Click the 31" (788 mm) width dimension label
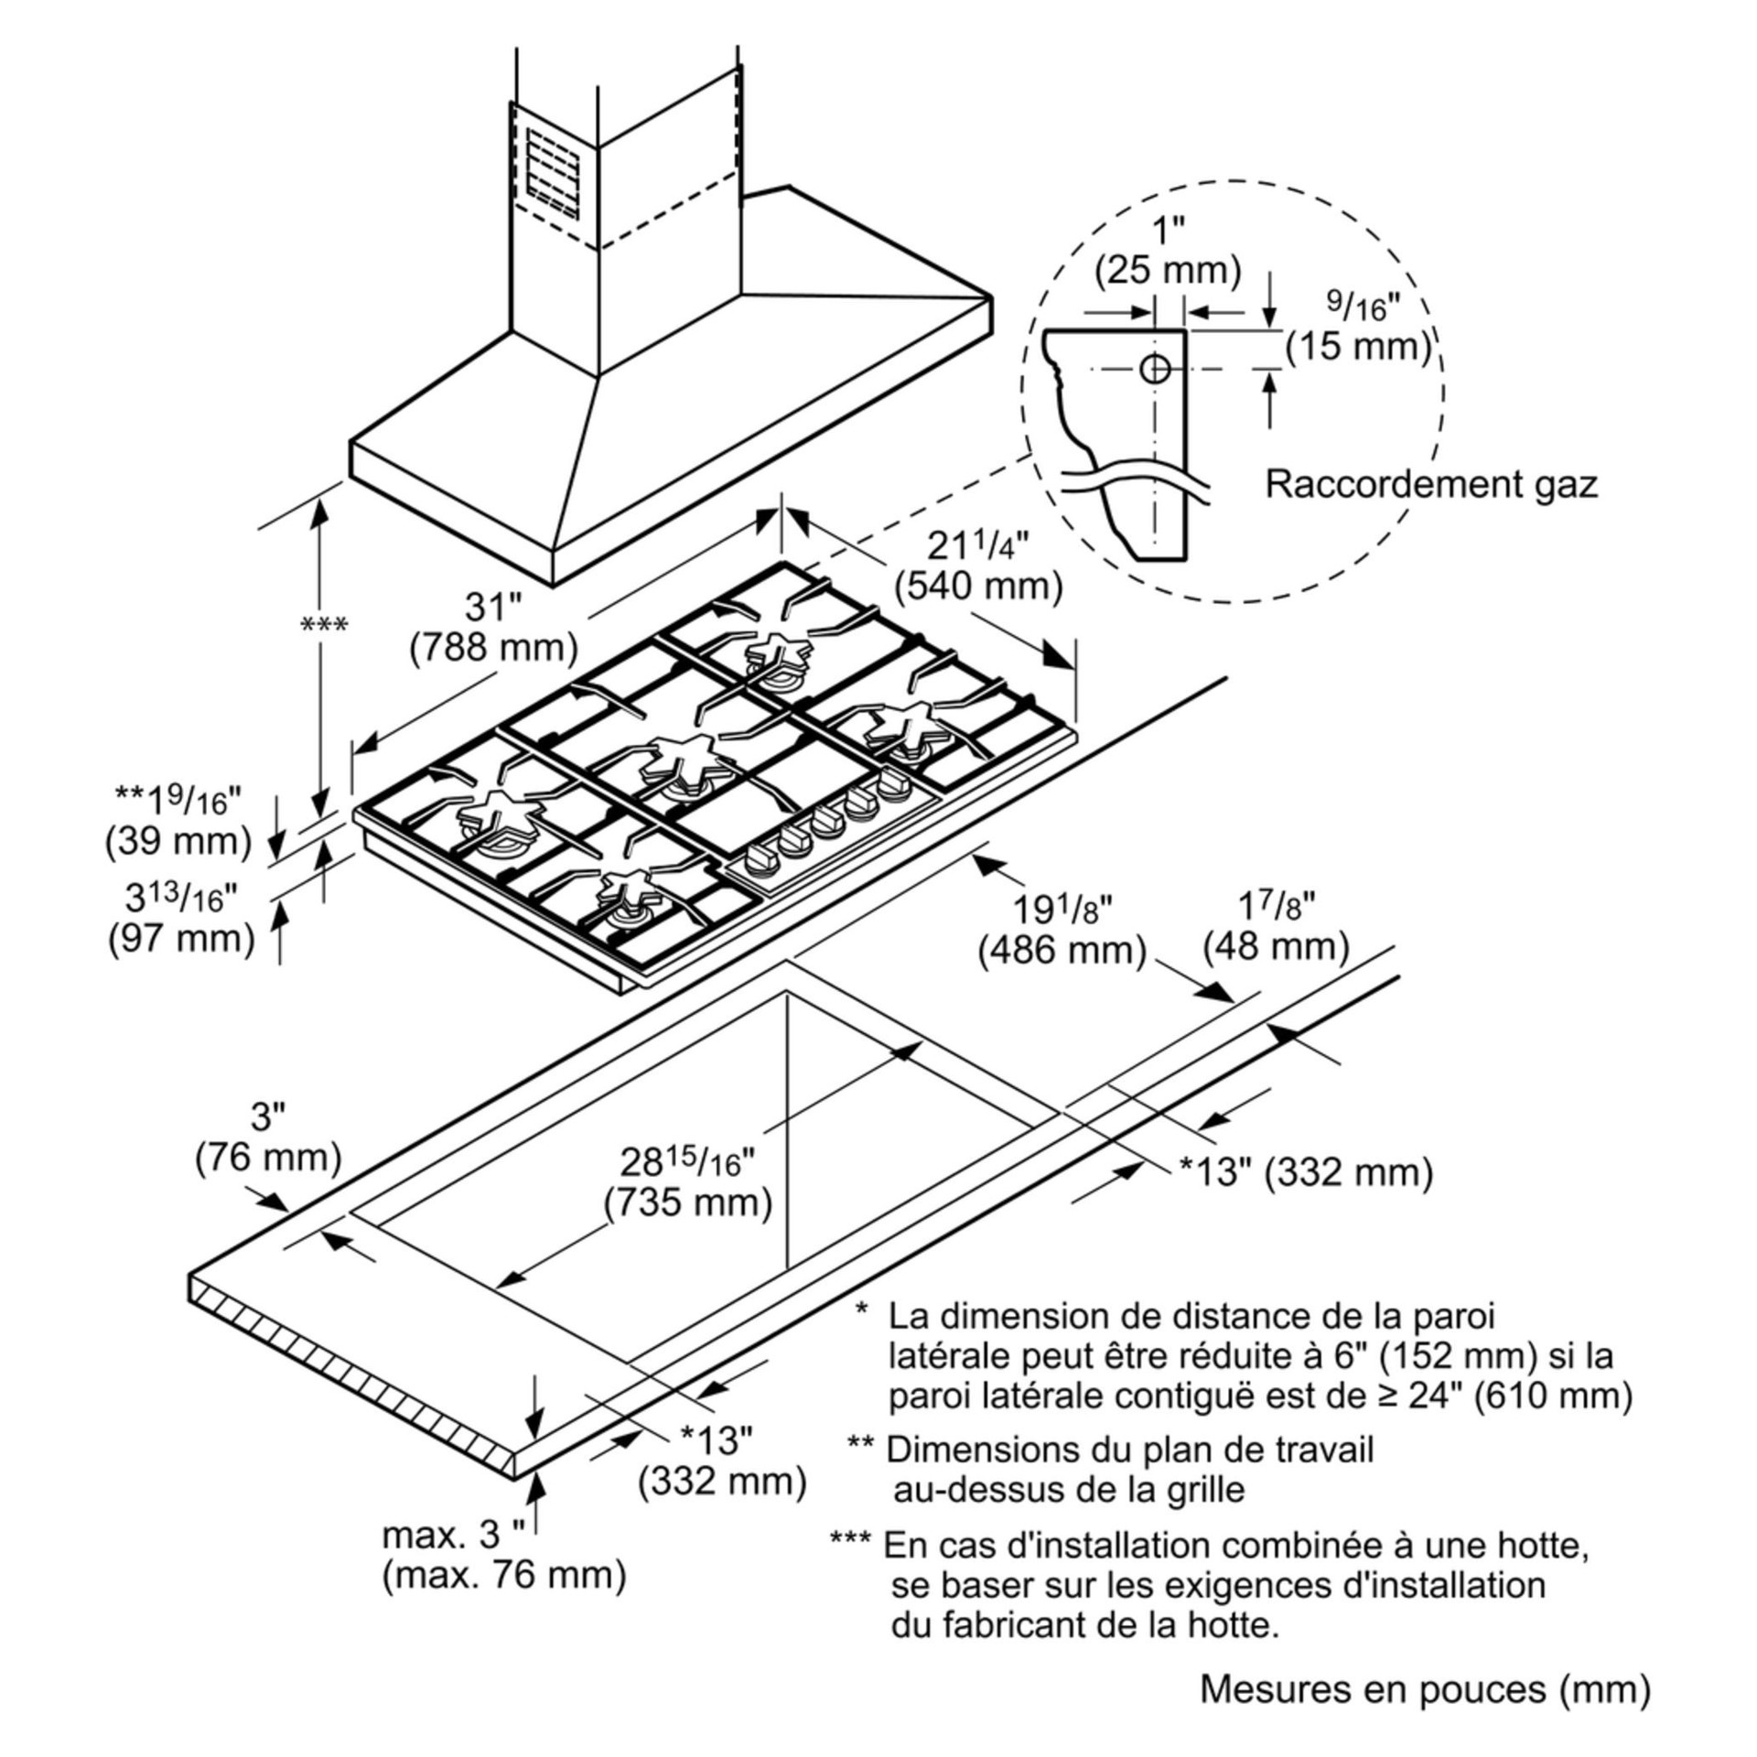tap(493, 628)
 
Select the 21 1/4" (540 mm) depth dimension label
tap(978, 567)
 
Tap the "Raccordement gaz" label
tap(1430, 484)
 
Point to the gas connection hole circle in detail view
tap(1155, 369)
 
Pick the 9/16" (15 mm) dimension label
tap(1358, 330)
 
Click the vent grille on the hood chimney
tap(553, 174)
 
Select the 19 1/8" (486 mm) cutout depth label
tap(1062, 931)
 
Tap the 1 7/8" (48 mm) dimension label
tap(1276, 926)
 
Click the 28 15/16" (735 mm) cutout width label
tap(688, 1181)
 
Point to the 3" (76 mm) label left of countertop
tap(268, 1138)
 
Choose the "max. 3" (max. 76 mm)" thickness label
tap(503, 1554)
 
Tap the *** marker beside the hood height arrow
tap(324, 625)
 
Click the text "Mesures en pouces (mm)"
tap(1425, 1688)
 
